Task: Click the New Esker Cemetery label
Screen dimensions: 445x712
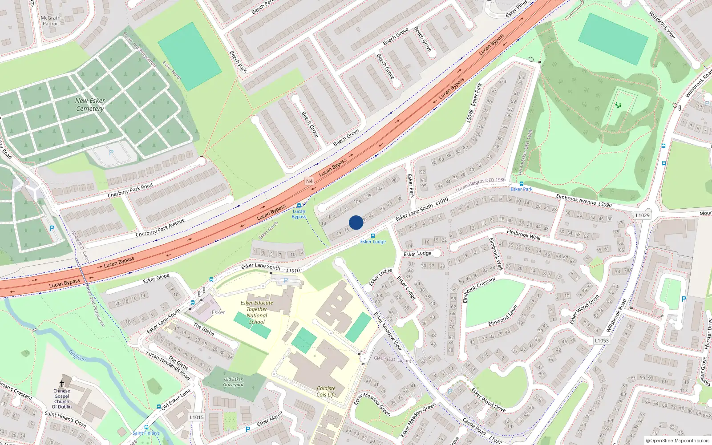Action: (x=90, y=105)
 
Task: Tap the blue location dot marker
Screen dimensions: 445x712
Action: (x=356, y=222)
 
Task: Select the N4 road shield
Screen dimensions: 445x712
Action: (x=309, y=181)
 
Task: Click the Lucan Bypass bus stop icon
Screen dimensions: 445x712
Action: (x=299, y=206)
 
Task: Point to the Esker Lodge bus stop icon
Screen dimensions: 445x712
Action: (x=373, y=236)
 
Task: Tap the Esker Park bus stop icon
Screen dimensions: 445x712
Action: (x=521, y=183)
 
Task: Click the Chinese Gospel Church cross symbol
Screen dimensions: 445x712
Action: (x=62, y=384)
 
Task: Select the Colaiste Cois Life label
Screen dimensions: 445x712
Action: (x=326, y=392)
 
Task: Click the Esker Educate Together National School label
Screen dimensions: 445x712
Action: (x=257, y=312)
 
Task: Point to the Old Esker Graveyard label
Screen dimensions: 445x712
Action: (x=233, y=382)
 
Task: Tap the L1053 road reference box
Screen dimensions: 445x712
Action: (x=602, y=340)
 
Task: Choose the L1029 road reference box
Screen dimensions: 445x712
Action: (x=643, y=215)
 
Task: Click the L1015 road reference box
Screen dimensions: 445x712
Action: (x=196, y=417)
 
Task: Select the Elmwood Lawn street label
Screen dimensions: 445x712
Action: (x=503, y=315)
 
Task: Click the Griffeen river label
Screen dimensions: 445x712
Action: (x=77, y=356)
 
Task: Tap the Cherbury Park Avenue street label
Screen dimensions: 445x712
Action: (x=160, y=227)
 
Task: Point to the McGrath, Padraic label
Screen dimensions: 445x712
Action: (x=51, y=21)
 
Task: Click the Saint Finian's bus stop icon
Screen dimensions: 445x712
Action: (x=146, y=427)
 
